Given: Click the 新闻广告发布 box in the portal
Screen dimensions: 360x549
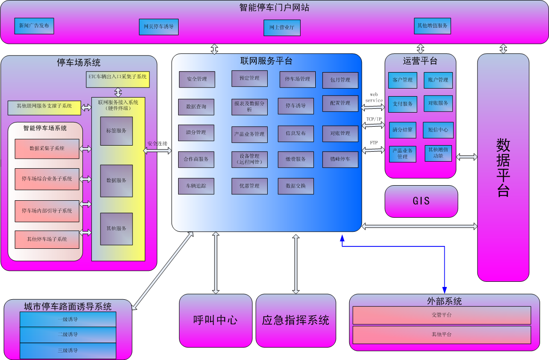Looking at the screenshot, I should click(x=34, y=25).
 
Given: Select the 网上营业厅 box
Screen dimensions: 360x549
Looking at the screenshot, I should click(x=282, y=28).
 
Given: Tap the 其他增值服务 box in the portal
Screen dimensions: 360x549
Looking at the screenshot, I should click(x=433, y=26).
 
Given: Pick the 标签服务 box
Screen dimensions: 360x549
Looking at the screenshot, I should click(x=116, y=131).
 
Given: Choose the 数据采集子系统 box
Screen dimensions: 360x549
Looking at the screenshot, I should click(x=47, y=148).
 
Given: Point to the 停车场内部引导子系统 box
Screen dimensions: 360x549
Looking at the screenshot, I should click(x=47, y=211).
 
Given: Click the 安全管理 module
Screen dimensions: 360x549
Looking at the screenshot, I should click(x=197, y=79).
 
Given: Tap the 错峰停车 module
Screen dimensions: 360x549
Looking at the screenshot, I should click(x=340, y=159).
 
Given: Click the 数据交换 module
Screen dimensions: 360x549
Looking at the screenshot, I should click(x=296, y=186).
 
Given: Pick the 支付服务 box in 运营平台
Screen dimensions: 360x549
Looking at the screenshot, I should click(x=402, y=104).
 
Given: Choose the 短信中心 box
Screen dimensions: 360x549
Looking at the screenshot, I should click(x=438, y=130).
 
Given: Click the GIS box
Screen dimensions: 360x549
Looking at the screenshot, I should click(x=421, y=201).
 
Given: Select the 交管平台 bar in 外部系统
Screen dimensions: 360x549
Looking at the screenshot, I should click(x=442, y=315).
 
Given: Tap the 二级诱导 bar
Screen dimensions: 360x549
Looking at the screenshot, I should click(x=68, y=335).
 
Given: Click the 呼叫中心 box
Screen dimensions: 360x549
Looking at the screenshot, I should click(x=216, y=320).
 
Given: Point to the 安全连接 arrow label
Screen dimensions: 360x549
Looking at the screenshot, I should click(x=157, y=143).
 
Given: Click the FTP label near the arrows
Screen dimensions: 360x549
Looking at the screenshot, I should click(x=374, y=142).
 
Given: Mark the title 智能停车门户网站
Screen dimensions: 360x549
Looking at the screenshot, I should click(x=274, y=8).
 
